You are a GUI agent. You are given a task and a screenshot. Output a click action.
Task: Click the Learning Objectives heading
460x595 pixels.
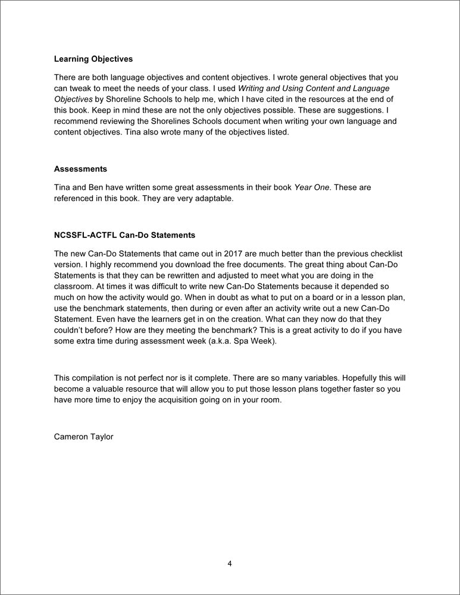tap(93, 59)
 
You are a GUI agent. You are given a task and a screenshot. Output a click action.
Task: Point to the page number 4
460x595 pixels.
tap(230, 563)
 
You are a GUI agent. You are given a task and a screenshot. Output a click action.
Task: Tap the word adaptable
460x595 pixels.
tap(213, 198)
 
